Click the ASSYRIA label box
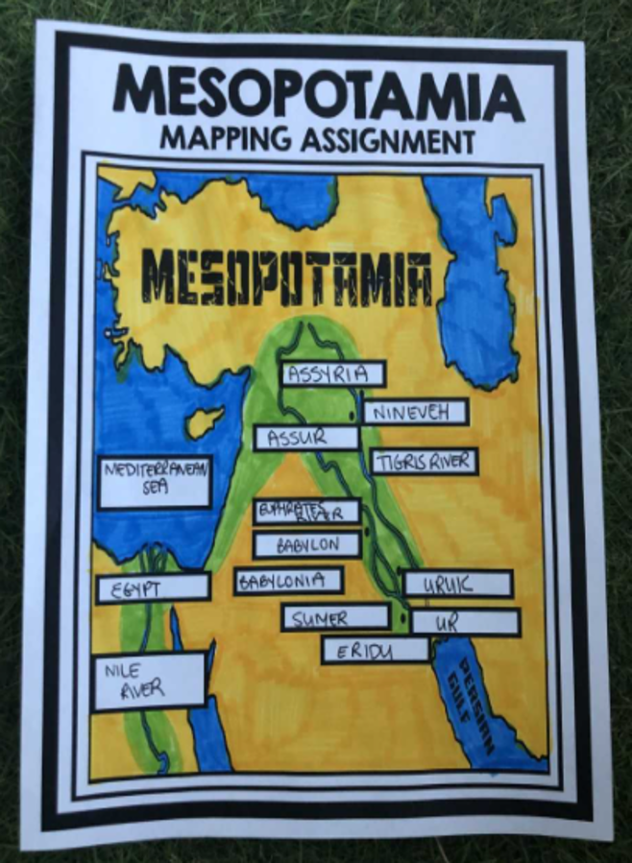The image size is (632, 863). click(332, 374)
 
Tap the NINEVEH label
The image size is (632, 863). click(414, 412)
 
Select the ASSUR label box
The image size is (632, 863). click(305, 438)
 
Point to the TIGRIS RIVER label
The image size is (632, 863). click(424, 461)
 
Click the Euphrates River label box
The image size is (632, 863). click(306, 511)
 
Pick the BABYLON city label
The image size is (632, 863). click(307, 544)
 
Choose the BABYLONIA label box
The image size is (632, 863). click(288, 581)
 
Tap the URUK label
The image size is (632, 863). click(457, 584)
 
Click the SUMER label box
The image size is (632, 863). click(334, 617)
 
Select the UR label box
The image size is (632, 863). click(465, 622)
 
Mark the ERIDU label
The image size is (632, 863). click(375, 651)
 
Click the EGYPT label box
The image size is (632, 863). click(153, 587)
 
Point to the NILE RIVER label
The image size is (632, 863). click(148, 682)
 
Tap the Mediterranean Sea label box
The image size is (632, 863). click(154, 481)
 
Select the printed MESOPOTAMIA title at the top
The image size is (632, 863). click(317, 92)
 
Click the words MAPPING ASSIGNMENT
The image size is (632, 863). click(317, 140)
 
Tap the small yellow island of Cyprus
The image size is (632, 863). click(205, 420)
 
